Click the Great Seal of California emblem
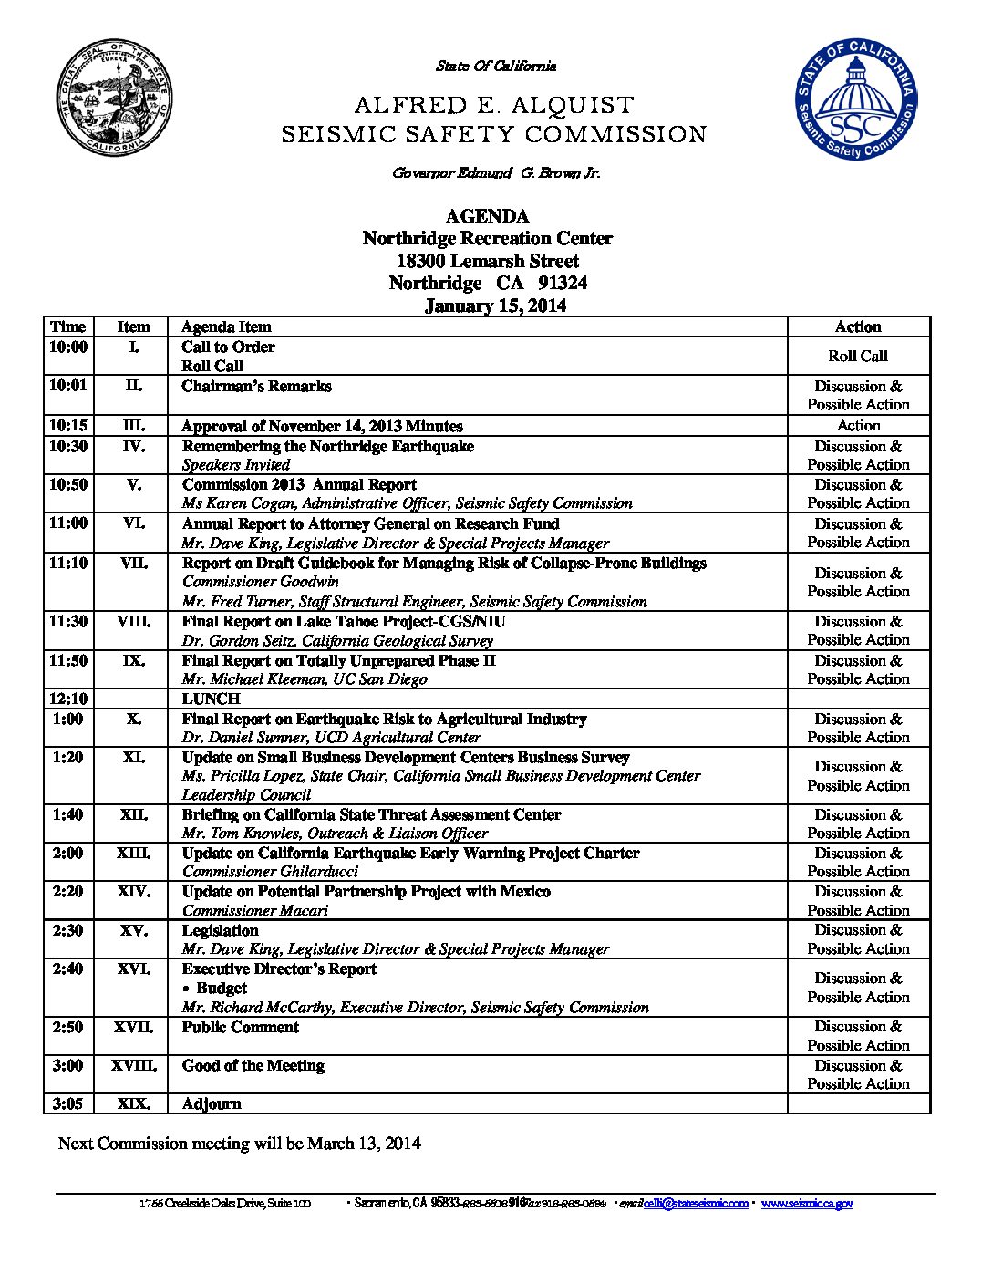coord(115,98)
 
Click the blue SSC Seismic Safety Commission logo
coord(856,98)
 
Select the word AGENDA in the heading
coord(487,216)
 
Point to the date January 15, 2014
coord(495,305)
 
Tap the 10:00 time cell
coord(68,347)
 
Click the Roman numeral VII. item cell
coord(134,564)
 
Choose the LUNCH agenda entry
coord(211,699)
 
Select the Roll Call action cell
coord(857,357)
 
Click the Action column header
coord(858,326)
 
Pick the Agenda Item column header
coord(226,326)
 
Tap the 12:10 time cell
coord(68,699)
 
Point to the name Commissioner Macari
coord(255,910)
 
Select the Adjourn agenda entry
coord(212,1103)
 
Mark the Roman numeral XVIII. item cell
coord(134,1065)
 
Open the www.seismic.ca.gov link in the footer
coord(807,1204)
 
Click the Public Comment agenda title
coord(241,1027)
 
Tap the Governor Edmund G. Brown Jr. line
coord(496,173)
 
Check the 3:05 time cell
coord(68,1103)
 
